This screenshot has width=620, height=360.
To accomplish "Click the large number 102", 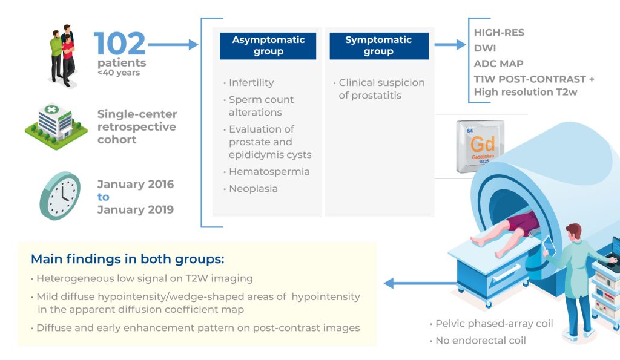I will [120, 44].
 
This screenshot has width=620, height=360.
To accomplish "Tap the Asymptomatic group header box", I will [268, 46].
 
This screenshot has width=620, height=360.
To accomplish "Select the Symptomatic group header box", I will [378, 46].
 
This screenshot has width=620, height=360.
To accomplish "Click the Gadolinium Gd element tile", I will [483, 145].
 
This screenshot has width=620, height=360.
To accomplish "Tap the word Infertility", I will [251, 82].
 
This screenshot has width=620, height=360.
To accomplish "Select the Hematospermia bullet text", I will [269, 172].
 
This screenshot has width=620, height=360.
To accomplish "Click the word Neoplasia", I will [253, 189].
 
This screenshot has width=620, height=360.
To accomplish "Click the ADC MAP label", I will [498, 64].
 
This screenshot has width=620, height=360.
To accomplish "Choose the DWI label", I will [485, 48].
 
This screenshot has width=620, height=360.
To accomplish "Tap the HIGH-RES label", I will [499, 33].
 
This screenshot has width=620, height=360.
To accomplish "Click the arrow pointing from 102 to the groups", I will [173, 44].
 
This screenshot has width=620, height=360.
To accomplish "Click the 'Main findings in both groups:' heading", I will [127, 259].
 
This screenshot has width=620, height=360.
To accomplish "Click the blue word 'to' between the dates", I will [104, 197].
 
